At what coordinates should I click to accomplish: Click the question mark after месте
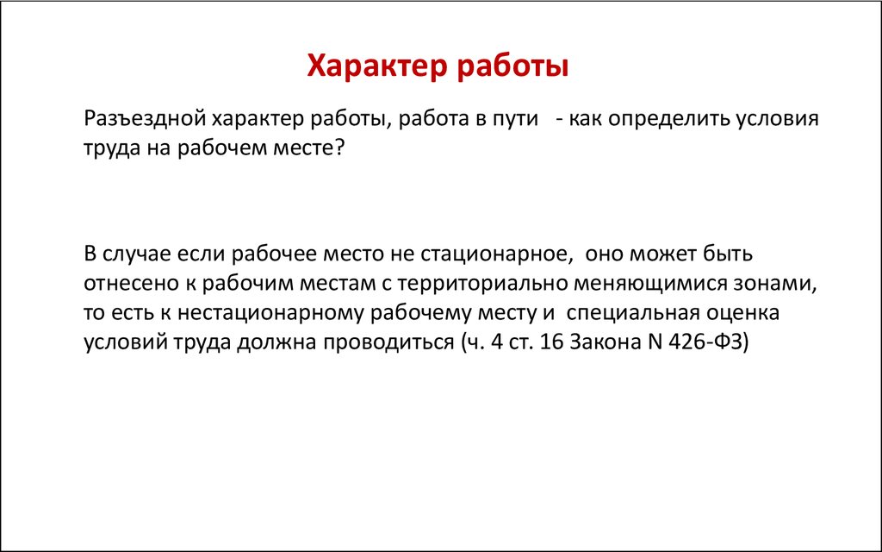(x=338, y=147)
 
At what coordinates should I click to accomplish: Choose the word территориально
(x=482, y=283)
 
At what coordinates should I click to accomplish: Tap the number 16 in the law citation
(x=551, y=342)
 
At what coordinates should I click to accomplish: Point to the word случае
(x=137, y=254)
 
